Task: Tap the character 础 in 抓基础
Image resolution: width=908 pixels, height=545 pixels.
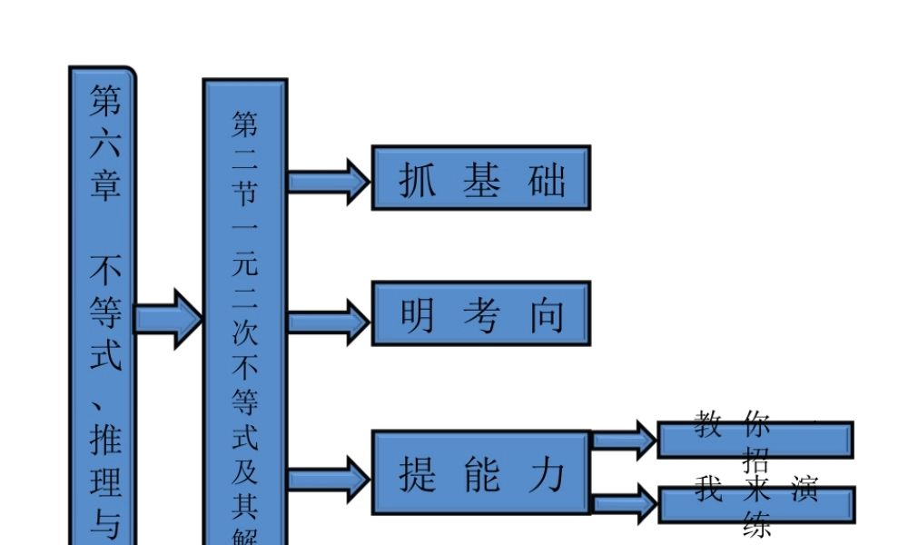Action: [547, 181]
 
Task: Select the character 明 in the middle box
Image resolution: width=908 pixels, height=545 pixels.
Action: [418, 315]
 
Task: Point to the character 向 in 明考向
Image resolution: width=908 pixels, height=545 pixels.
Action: [547, 315]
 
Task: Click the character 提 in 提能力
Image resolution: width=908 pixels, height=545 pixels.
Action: [418, 474]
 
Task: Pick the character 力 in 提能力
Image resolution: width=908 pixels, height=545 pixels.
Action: [547, 474]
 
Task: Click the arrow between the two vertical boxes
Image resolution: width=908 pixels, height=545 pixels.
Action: [168, 319]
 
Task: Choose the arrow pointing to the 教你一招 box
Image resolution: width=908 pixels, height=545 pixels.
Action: [624, 441]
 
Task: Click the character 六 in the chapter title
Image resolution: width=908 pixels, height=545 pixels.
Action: [104, 145]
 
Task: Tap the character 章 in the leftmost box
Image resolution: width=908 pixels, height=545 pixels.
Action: [104, 185]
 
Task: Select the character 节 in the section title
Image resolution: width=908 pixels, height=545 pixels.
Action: [245, 193]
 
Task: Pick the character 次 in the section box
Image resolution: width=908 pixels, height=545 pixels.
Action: [245, 332]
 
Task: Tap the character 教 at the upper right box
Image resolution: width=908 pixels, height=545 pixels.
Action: [708, 424]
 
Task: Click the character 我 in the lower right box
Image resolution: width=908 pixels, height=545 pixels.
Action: [708, 490]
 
